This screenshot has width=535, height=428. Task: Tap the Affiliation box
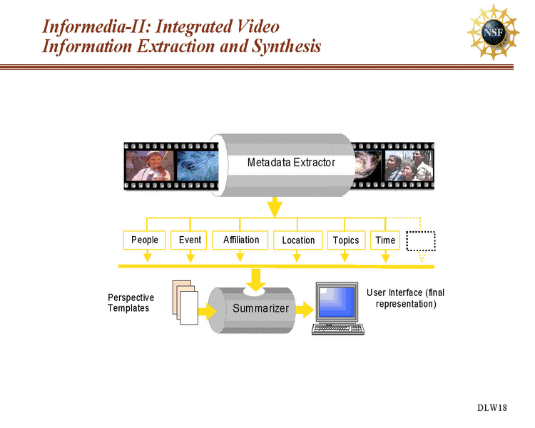coord(240,240)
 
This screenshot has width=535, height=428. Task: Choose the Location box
coord(298,240)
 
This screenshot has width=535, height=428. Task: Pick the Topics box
coord(345,240)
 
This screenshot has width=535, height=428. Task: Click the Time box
coord(385,240)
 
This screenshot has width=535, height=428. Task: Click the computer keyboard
coord(338,330)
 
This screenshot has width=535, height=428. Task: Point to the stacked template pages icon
coord(183,304)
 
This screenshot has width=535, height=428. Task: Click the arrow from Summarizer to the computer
coord(305,310)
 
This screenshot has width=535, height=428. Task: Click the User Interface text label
coord(405,298)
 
